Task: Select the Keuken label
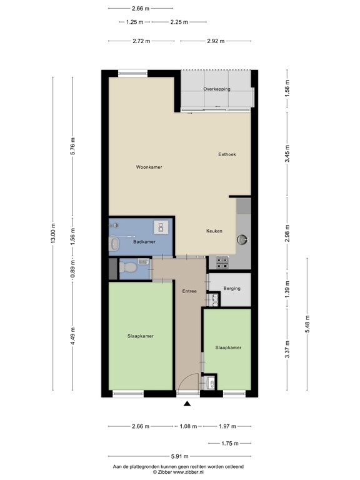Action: click(x=214, y=231)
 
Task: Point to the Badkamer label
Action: click(x=144, y=241)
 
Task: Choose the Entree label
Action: click(x=189, y=291)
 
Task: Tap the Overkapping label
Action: click(x=217, y=89)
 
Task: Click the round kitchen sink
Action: click(x=242, y=238)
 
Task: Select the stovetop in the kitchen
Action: click(x=222, y=263)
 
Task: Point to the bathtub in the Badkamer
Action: click(x=114, y=243)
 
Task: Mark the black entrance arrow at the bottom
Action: click(x=186, y=404)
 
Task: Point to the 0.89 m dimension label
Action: click(x=72, y=268)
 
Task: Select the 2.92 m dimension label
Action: click(x=216, y=41)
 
